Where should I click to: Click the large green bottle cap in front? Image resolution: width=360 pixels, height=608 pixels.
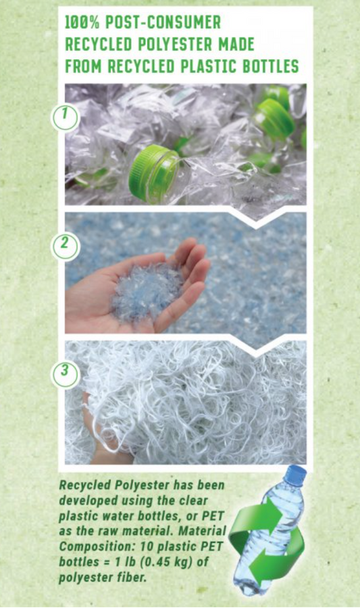tap(151, 174)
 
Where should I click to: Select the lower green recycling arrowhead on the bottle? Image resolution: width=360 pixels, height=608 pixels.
tap(263, 563)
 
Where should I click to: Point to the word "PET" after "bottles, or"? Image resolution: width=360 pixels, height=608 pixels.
tap(213, 516)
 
